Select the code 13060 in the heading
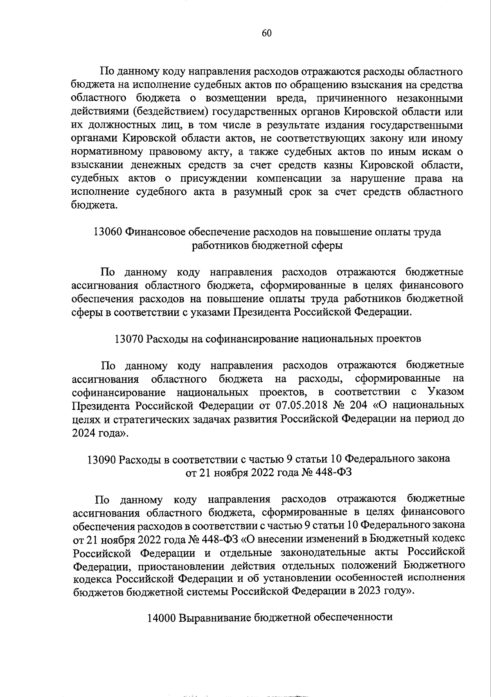point(108,232)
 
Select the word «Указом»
point(445,391)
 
